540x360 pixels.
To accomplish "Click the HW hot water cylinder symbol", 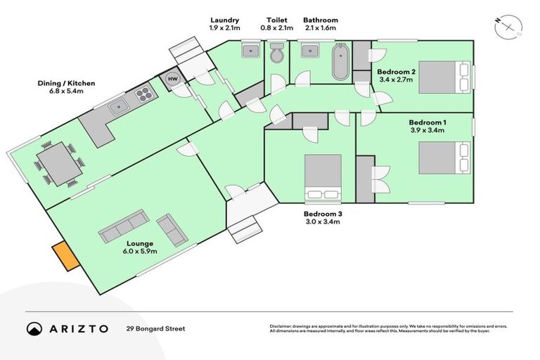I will pos(173,79).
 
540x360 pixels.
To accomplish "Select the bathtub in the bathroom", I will pos(342,63).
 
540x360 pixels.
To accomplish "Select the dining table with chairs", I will pos(59,163).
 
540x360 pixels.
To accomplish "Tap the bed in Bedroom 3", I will pos(322,176).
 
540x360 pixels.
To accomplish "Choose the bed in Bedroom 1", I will pos(443,157).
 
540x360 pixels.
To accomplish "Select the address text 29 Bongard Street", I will pos(156,328).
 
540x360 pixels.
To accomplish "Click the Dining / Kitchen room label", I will pos(66,87).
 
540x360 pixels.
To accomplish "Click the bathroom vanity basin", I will pos(308,51).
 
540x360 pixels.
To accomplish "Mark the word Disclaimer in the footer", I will pos(281,326).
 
